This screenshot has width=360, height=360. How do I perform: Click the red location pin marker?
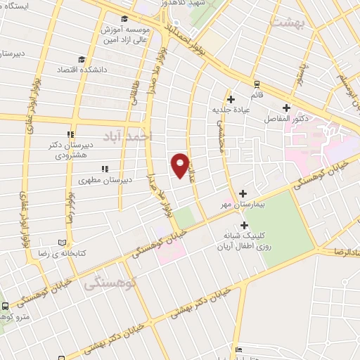tap(181, 165)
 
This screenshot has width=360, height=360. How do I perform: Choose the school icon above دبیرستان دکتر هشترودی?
tap(70, 134)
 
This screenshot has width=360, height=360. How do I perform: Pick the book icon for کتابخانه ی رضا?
tap(61, 242)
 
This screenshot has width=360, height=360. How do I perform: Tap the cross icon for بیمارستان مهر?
tap(243, 193)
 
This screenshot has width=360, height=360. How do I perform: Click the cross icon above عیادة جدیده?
tap(230, 99)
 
